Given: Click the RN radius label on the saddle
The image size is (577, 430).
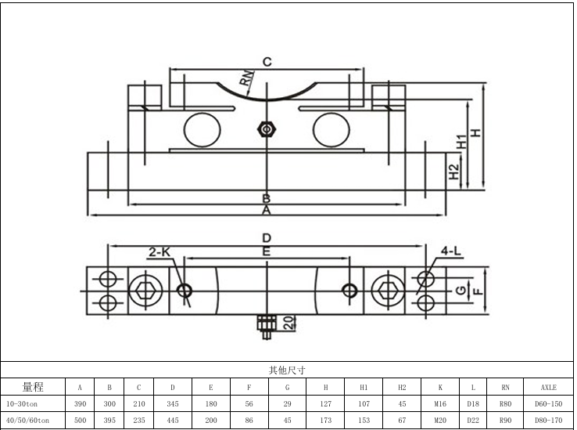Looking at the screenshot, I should point(247,77).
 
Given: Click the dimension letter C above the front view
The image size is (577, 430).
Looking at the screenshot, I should point(266,61).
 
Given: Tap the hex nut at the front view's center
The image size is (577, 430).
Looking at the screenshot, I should point(267,128).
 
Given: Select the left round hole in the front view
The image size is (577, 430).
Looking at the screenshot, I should point(201,128).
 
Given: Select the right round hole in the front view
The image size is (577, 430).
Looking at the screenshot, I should point(333,128).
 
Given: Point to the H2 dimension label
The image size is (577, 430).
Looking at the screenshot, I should point(454,172).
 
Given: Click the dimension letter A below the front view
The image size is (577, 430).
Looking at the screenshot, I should point(266,211).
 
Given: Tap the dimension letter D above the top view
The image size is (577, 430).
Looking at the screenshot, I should point(267,237).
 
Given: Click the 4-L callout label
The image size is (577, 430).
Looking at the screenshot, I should point(451,251).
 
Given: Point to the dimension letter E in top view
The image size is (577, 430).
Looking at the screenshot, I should point(267,251).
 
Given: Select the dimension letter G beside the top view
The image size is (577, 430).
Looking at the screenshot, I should point(461,291).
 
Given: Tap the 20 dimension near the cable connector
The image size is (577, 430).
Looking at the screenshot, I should point(287,323).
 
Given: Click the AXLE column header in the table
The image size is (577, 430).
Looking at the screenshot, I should point(548,387).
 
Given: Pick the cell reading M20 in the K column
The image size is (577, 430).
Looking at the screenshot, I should point(440,421).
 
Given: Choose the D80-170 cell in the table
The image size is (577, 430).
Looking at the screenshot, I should point(548,421).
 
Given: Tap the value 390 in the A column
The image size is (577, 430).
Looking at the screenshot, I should point(80,403).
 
